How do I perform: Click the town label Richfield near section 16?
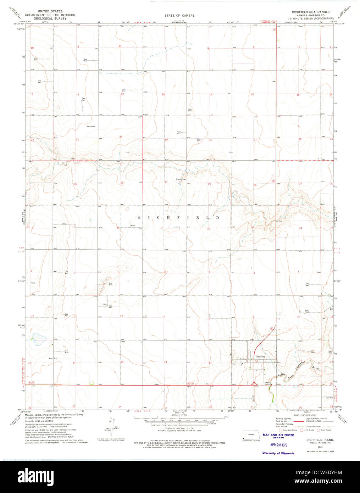coord(261,356)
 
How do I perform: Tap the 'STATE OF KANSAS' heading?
coord(179,16)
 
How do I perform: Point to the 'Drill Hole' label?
coord(91,126)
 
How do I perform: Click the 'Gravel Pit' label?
coord(181,179)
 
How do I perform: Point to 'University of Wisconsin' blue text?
coord(278,453)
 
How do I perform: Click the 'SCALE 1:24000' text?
coord(174,415)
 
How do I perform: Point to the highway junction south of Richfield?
coord(254,384)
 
